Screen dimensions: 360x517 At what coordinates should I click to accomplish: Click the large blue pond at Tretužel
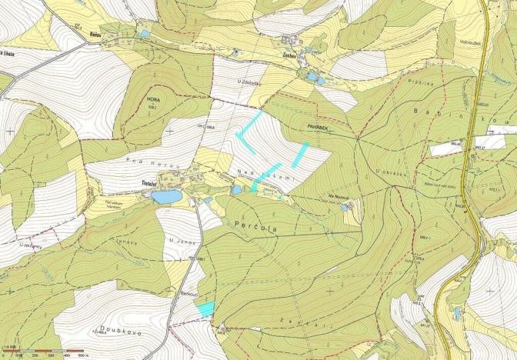[x=165, y=197]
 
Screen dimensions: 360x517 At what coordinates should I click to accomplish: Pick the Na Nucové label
[x=339, y=198]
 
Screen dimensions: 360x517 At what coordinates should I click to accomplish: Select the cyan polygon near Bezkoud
[x=205, y=308]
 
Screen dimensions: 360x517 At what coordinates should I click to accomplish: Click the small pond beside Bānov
[x=145, y=33]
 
